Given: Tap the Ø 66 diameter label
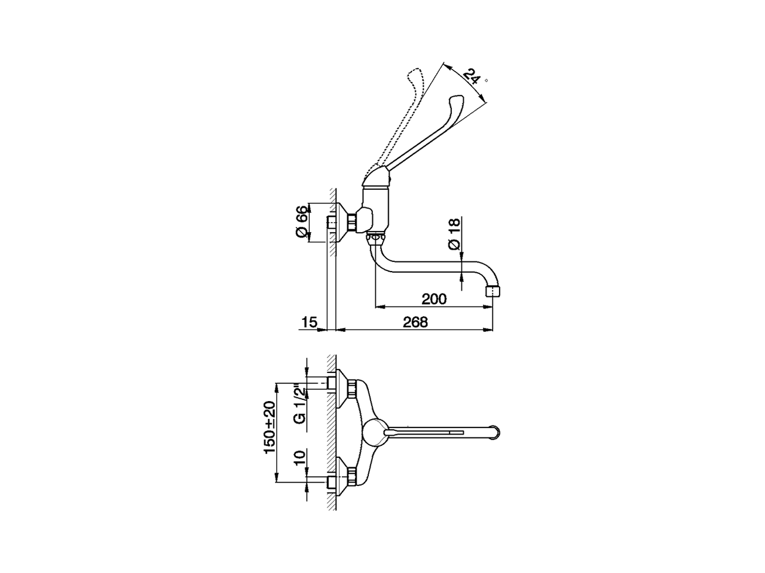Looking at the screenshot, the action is [x=302, y=221].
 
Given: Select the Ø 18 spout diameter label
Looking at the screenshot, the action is [x=454, y=233].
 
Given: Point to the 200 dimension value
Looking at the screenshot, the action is [x=434, y=299].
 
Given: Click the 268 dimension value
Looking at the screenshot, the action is [x=415, y=322].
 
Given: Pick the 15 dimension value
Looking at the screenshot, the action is [x=310, y=322].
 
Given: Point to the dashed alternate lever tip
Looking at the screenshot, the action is [x=414, y=74].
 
